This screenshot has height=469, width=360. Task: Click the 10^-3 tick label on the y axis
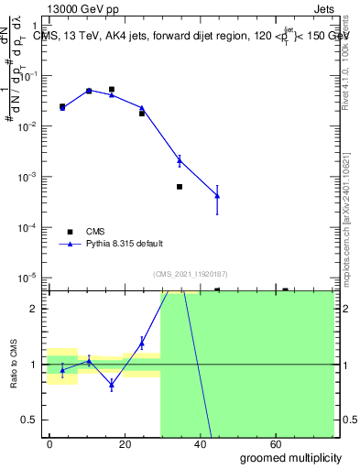click(x=30, y=176)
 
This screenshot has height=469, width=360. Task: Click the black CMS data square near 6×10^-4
click(x=180, y=187)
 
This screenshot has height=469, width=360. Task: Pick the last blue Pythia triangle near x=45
click(x=217, y=195)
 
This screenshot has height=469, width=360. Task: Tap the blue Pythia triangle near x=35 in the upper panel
click(x=180, y=160)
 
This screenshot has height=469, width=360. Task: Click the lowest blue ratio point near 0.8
click(x=111, y=385)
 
